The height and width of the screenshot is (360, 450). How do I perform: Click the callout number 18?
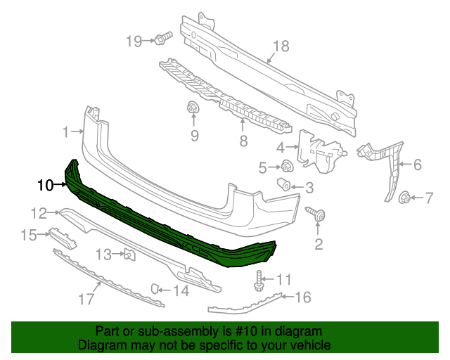click(281, 46)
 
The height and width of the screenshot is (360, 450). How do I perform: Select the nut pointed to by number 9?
click(192, 108)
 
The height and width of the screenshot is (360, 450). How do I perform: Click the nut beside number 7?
click(405, 198)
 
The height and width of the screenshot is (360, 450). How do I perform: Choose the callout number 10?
click(45, 186)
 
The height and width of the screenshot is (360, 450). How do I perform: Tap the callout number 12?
click(38, 212)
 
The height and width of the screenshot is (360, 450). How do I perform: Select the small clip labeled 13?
click(129, 254)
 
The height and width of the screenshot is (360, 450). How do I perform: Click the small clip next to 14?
click(157, 288)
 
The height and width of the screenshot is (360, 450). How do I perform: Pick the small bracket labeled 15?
click(62, 238)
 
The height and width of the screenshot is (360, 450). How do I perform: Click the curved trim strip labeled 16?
click(246, 304)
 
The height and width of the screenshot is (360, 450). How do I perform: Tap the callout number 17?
click(86, 300)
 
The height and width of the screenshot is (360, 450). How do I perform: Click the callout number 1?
click(66, 131)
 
